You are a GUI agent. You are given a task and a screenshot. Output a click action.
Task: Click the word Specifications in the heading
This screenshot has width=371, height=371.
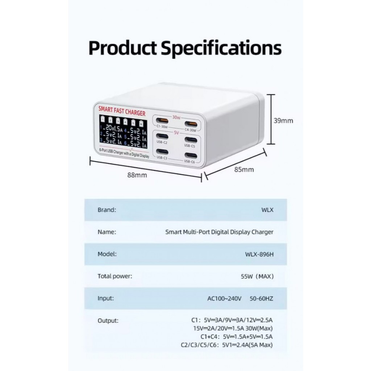[221, 48]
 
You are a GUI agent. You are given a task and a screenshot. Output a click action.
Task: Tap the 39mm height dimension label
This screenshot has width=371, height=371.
[283, 121]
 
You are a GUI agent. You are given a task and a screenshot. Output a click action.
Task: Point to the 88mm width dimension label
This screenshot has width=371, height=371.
[137, 175]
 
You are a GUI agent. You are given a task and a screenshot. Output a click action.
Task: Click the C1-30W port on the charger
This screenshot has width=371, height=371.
[162, 120]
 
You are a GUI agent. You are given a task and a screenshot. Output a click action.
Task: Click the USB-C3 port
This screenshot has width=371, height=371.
[162, 152]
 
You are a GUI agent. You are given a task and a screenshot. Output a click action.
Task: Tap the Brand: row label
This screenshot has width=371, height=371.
[107, 210]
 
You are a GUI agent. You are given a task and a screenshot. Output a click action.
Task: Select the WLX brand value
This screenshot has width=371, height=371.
[267, 210]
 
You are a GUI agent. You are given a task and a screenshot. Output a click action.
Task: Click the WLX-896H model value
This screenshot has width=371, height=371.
[259, 254]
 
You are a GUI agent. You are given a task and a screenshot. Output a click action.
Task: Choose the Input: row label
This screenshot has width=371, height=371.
[106, 299]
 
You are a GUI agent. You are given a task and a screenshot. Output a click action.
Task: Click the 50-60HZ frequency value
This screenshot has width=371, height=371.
[261, 299]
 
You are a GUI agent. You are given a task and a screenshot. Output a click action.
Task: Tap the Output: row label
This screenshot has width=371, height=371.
[108, 321]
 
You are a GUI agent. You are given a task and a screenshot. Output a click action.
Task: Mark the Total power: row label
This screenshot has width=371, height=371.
[115, 276]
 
